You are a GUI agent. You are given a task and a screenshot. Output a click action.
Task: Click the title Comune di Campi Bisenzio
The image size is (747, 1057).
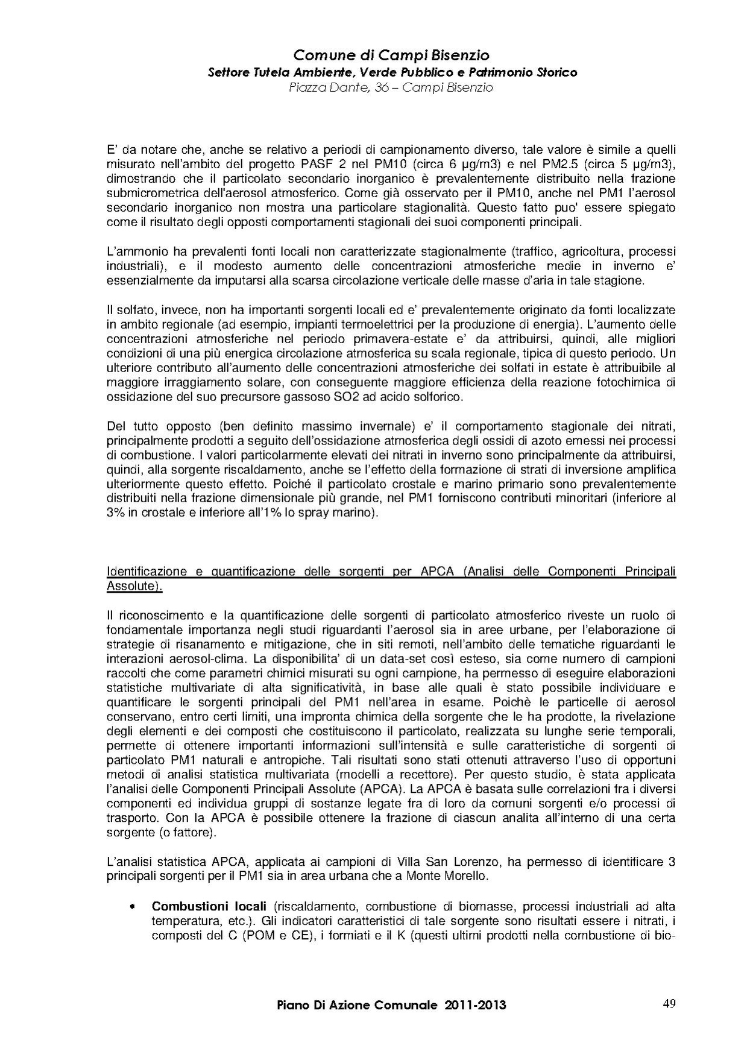(x=391, y=55)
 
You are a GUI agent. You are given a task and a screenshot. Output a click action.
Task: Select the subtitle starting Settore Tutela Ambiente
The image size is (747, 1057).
(x=392, y=72)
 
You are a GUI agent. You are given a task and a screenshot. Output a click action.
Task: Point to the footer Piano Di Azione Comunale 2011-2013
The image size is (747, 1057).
(x=391, y=1005)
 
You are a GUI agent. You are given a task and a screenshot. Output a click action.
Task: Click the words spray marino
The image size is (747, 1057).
(x=339, y=513)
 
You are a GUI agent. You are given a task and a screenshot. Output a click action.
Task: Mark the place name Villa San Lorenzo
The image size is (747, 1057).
(x=428, y=862)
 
